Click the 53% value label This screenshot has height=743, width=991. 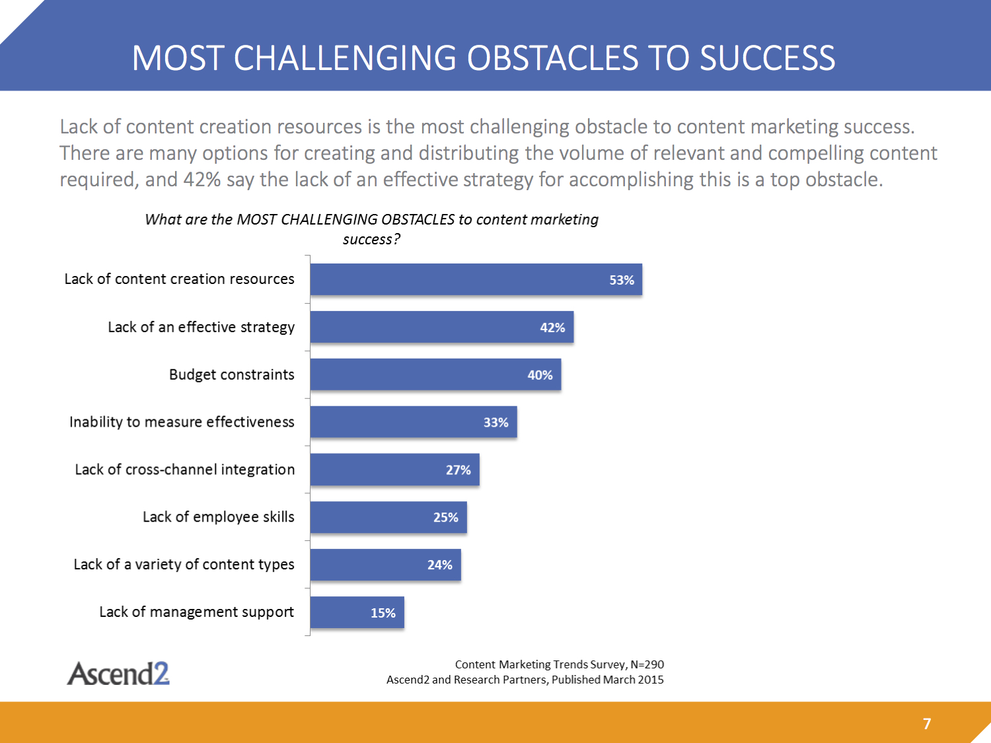pyautogui.click(x=622, y=280)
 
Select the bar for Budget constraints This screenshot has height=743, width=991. pyautogui.click(x=435, y=374)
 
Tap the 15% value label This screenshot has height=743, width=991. pyautogui.click(x=383, y=613)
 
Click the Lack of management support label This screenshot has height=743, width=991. pyautogui.click(x=196, y=612)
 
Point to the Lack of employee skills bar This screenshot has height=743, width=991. pyautogui.click(x=388, y=517)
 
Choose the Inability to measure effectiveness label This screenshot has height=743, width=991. pyautogui.click(x=182, y=422)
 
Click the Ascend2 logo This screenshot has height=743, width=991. pyautogui.click(x=118, y=673)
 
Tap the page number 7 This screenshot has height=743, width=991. pyautogui.click(x=927, y=724)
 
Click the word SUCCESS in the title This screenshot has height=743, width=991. pyautogui.click(x=768, y=58)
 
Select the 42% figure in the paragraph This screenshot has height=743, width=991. pyautogui.click(x=202, y=179)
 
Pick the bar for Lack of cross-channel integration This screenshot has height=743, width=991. pyautogui.click(x=394, y=470)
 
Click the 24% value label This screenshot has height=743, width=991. pyautogui.click(x=440, y=565)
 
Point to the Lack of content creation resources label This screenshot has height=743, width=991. pyautogui.click(x=179, y=279)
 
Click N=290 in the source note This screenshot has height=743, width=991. pyautogui.click(x=647, y=664)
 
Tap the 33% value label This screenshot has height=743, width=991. pyautogui.click(x=495, y=422)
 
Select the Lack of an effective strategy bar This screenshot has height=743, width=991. pyautogui.click(x=442, y=327)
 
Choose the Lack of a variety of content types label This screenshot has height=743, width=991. pyautogui.click(x=184, y=565)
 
